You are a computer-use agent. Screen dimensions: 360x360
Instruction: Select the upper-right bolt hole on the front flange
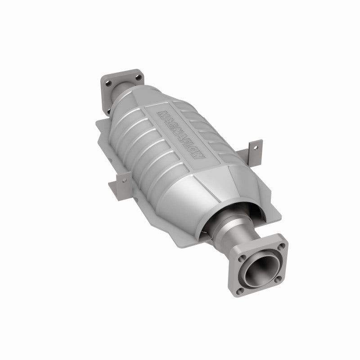click(x=282, y=247)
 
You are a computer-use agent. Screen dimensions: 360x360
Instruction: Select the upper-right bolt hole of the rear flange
click(x=133, y=75)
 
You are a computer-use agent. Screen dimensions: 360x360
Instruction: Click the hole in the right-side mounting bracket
click(x=255, y=146)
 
